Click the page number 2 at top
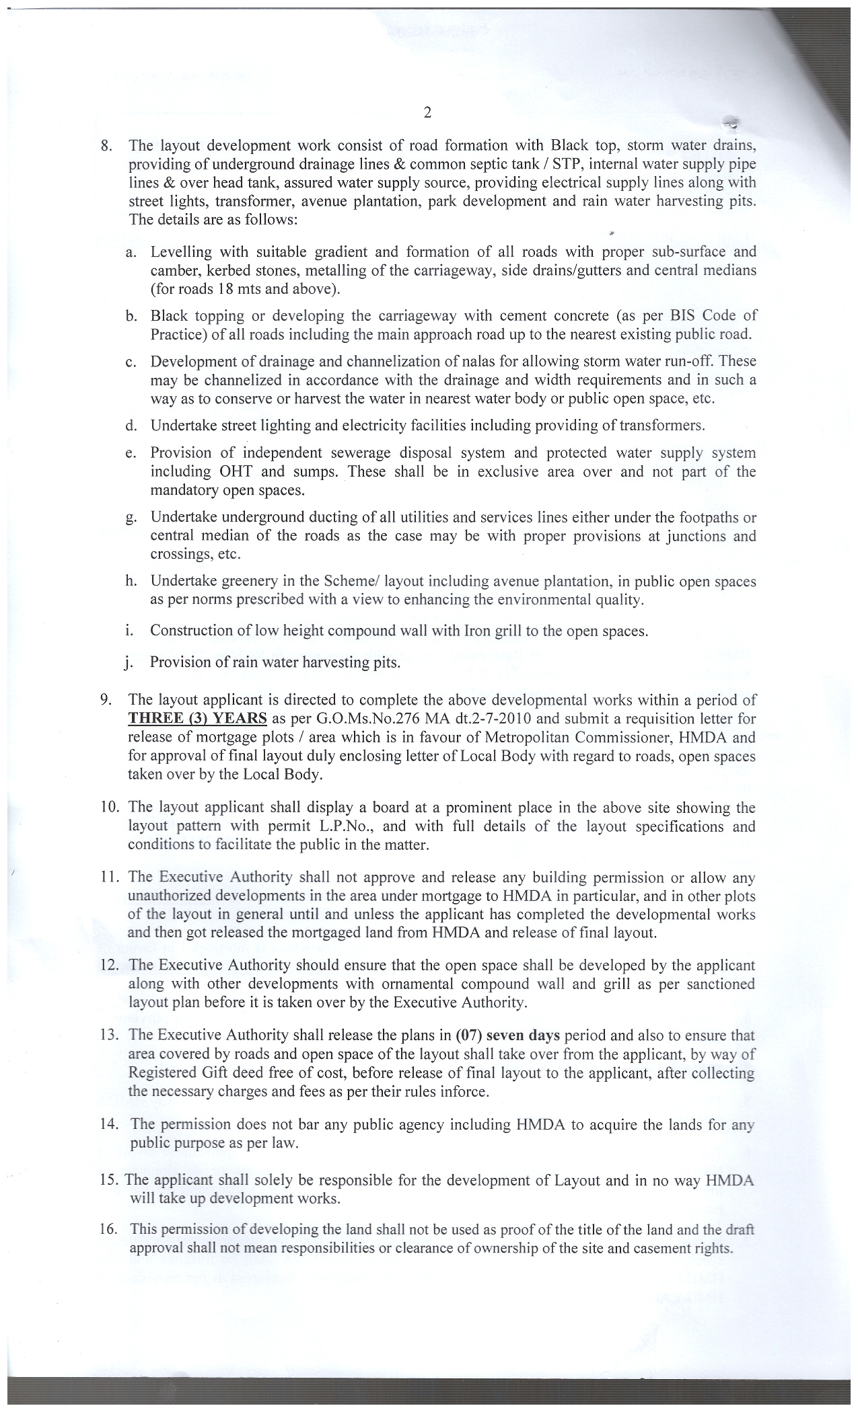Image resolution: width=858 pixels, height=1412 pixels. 427,112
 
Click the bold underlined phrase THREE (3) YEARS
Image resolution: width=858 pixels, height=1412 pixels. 197,717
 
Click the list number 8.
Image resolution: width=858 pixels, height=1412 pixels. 105,145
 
